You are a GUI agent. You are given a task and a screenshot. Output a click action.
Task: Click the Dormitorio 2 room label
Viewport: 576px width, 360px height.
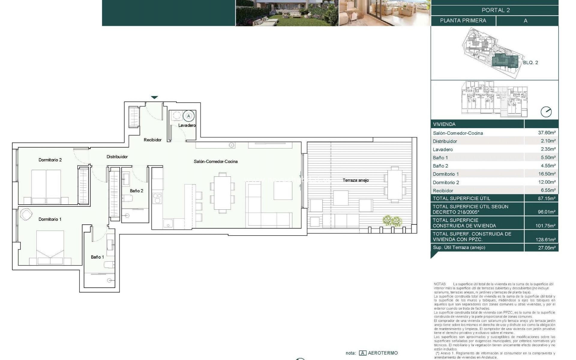pos(50,160)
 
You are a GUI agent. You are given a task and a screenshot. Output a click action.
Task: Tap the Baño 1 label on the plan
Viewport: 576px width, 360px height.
pos(97,257)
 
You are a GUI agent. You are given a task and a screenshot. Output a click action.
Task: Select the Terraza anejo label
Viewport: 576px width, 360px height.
pos(355,180)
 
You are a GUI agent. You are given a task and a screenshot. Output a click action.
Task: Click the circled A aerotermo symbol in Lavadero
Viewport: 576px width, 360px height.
pos(188,116)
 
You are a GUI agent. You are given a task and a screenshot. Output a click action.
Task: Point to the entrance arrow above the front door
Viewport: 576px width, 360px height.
pos(154,97)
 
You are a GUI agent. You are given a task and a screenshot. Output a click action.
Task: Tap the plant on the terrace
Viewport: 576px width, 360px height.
pos(392,221)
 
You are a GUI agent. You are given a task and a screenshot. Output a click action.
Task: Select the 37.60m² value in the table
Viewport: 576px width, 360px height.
pos(547,133)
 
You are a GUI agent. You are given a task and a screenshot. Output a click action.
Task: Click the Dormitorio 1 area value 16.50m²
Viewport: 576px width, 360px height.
pos(547,174)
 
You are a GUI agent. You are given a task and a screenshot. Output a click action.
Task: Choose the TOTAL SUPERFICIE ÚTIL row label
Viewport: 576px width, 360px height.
pos(461,198)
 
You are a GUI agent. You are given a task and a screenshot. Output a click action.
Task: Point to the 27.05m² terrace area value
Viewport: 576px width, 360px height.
pos(547,247)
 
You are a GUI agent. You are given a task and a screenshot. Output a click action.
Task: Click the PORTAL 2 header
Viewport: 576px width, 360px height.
pos(495,10)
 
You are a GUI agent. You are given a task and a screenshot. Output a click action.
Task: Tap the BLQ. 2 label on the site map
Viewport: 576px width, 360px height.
pos(530,63)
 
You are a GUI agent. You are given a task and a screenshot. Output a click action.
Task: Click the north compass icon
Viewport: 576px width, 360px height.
pos(546,112)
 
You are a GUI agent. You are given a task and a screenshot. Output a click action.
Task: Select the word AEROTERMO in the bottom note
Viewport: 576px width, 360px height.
pos(382,353)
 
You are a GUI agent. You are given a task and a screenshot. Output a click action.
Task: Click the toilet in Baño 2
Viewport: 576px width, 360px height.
pos(127,198)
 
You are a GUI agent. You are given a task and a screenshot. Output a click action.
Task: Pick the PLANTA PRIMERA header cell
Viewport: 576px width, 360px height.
pos(463,21)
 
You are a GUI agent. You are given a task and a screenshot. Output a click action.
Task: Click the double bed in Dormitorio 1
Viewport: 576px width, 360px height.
pos(50,247)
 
